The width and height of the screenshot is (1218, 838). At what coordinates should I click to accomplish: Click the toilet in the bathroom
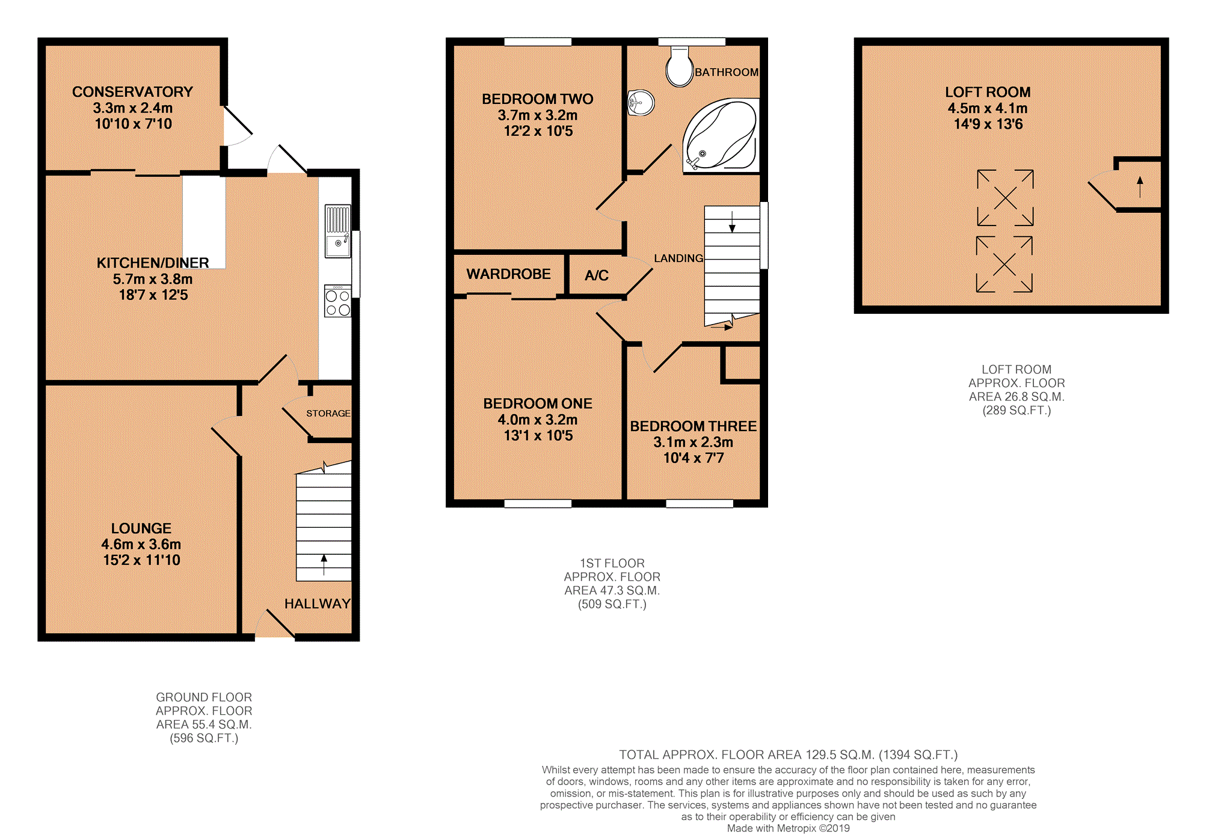point(680,68)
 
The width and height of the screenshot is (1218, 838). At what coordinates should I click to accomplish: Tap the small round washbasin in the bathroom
point(641,103)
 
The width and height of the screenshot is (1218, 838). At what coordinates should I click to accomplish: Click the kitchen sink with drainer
point(337,231)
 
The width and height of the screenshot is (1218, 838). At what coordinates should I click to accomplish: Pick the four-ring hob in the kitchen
point(337,301)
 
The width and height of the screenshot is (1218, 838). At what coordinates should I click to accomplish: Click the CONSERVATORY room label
point(132,92)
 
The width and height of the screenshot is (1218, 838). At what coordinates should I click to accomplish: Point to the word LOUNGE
point(141,528)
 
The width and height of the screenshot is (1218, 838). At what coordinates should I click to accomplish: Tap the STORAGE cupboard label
point(328,414)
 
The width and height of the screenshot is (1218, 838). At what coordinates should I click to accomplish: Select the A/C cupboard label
point(596,275)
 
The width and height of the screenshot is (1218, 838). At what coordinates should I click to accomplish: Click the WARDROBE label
point(508,274)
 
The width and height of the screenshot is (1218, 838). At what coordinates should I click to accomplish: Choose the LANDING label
point(678,258)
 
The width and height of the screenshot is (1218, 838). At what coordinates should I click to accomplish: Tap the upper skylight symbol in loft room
point(1005,198)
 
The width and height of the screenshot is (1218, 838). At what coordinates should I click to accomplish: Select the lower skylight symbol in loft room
point(1004,265)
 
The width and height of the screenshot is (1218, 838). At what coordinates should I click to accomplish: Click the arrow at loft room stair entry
point(1140,186)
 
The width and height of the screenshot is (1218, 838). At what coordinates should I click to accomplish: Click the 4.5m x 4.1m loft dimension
point(987,108)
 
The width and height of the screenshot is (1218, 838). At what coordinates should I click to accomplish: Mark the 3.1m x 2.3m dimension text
point(693,442)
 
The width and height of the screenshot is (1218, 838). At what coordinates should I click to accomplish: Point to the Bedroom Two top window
point(538,41)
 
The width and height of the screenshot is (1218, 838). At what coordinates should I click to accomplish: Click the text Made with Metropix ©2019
point(788,828)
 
